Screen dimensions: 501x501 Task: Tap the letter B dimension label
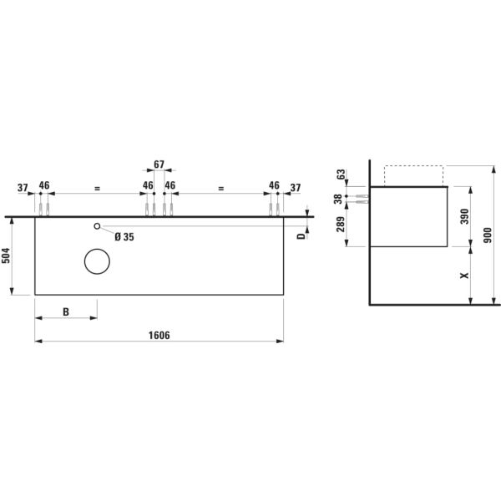coord(66,311)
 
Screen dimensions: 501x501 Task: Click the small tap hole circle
coord(97,226)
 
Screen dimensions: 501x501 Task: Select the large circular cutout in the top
coord(97,262)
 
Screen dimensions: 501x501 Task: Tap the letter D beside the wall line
coord(301,235)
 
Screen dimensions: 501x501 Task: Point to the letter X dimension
coord(465,275)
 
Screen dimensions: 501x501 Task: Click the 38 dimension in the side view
coord(338,199)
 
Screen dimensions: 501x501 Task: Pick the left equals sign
coord(97,190)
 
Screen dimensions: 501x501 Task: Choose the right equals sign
coord(221,190)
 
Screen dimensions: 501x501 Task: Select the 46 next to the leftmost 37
coord(44,185)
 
